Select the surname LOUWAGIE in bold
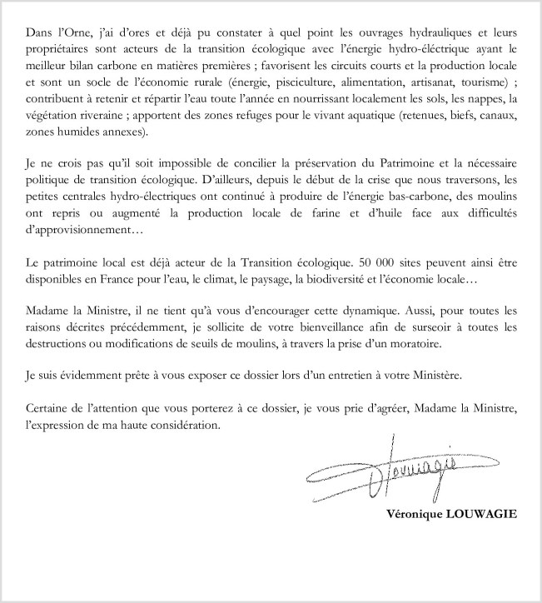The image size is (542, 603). point(481,514)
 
